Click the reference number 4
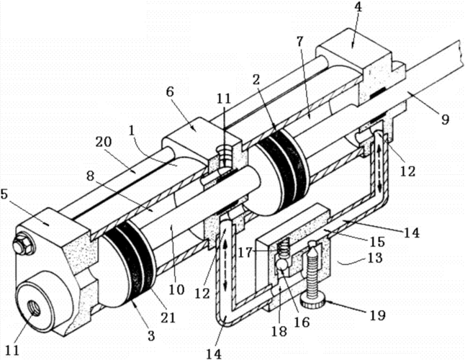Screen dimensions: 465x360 (358, 7)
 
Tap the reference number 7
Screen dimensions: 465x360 (300, 42)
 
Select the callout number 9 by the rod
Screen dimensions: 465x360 (445, 120)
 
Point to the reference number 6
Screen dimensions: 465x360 (169, 92)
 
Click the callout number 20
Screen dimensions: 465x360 (103, 142)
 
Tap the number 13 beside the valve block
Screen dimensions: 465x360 (375, 257)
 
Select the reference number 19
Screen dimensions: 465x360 (377, 315)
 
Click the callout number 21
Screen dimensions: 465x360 (168, 318)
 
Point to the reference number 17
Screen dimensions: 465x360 (245, 253)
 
